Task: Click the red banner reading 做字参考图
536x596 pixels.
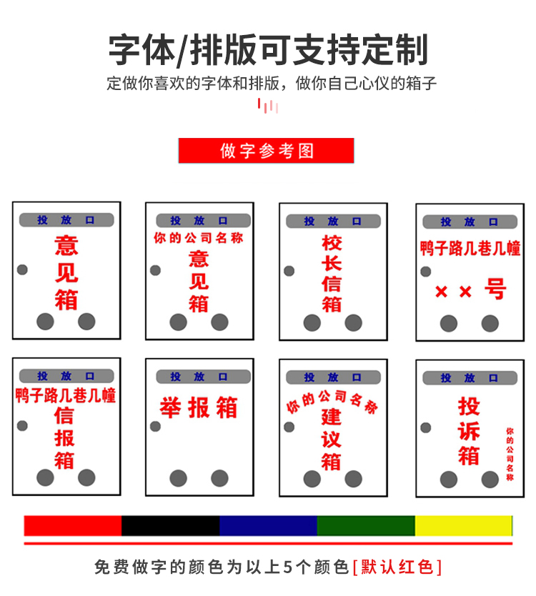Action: [x=267, y=151]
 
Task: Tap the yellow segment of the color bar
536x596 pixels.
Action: [x=463, y=525]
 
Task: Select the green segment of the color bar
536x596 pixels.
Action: [x=366, y=525]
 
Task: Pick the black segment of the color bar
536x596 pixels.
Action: [x=171, y=525]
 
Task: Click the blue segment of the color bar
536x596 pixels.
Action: [x=268, y=525]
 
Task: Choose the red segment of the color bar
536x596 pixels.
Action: [x=73, y=525]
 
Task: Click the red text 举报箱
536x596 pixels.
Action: [x=199, y=408]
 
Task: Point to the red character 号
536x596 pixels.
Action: [x=495, y=289]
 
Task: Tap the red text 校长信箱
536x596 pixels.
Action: [x=332, y=274]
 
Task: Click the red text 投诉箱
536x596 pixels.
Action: [x=469, y=431]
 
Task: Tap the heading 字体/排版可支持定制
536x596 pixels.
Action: [x=268, y=49]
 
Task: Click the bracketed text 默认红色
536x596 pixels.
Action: [x=397, y=567]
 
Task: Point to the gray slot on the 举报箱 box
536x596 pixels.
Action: [x=199, y=377]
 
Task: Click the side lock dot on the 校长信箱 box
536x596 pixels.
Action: [x=289, y=271]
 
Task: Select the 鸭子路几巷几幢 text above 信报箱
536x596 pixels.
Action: [x=66, y=394]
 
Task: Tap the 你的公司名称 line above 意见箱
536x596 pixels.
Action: [x=199, y=238]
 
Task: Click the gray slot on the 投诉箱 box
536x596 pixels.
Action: [x=469, y=377]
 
